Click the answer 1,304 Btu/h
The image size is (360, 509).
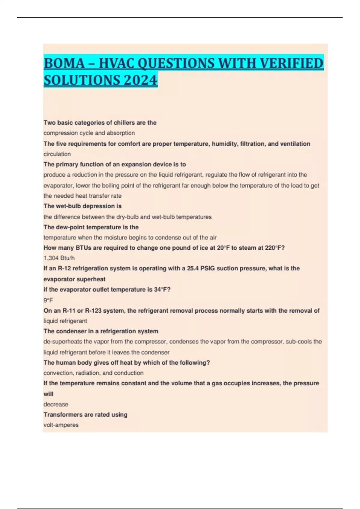59,258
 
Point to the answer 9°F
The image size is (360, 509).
48,300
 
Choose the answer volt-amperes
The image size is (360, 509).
61,425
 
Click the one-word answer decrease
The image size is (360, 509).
56,404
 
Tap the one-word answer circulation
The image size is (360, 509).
57,154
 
